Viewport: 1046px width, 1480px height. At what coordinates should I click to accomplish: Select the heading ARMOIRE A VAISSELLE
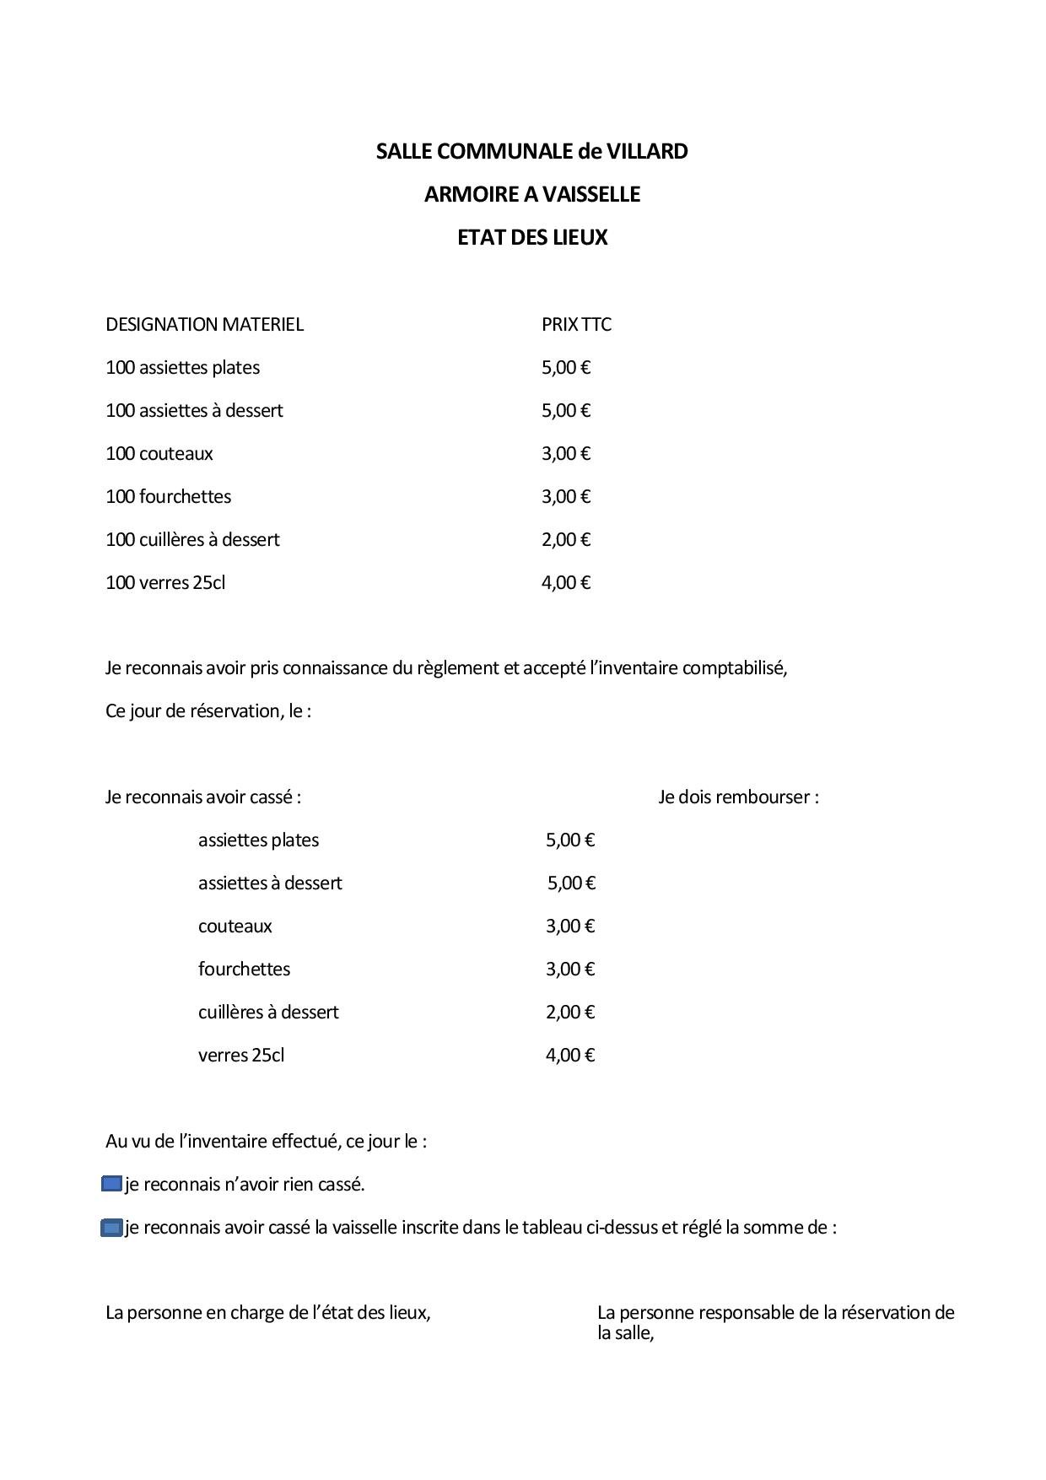(531, 195)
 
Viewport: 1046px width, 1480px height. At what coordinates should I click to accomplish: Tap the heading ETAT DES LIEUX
(531, 238)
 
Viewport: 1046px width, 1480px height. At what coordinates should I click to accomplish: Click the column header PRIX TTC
(576, 325)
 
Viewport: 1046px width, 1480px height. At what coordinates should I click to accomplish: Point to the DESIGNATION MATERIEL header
(204, 325)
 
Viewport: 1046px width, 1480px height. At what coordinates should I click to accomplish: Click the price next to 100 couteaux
(565, 454)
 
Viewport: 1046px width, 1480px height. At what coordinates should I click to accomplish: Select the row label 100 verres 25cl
(165, 583)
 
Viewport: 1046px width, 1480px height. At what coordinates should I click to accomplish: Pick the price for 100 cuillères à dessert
(565, 540)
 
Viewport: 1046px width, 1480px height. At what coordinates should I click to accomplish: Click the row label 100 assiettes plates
(182, 368)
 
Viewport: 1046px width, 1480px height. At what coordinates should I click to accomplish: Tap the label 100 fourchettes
(168, 497)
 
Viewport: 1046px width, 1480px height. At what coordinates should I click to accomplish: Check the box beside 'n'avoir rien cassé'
(111, 1184)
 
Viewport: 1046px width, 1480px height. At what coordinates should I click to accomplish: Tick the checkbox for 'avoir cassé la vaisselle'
(111, 1228)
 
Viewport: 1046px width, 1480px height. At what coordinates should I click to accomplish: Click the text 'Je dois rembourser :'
(738, 797)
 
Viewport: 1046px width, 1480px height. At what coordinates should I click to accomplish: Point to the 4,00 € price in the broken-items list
(570, 1056)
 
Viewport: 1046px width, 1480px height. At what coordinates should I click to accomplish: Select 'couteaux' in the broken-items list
(235, 926)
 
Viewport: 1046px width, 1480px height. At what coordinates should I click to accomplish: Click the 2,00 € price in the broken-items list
(570, 1013)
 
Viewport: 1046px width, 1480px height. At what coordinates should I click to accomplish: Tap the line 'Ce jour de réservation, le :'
(208, 711)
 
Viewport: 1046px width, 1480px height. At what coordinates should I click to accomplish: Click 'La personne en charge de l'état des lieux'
(267, 1313)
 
